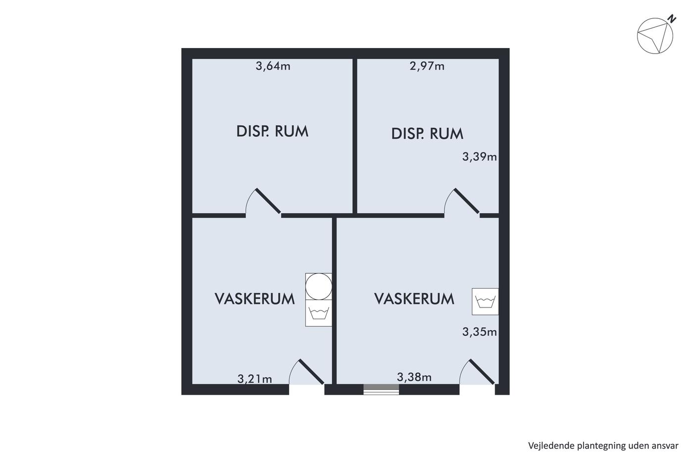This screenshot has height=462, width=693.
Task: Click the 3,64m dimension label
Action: pos(273,66)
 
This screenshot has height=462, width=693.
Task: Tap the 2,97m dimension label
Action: pos(427,66)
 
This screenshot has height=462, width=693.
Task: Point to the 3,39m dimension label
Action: pos(480,156)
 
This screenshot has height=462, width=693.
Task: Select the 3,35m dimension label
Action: pos(480,332)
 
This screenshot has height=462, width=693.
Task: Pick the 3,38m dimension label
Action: pos(414,377)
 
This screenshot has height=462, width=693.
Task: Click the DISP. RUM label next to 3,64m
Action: pos(272,131)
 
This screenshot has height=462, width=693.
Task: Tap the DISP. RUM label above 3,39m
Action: pos(427,134)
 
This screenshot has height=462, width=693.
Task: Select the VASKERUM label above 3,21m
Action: pos(254,299)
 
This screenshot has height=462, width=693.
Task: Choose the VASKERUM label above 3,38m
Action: pos(414,299)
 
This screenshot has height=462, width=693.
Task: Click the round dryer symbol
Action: pos(319,287)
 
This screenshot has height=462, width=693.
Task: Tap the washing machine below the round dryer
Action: pos(319,313)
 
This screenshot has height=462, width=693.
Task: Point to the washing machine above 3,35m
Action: pos(485,302)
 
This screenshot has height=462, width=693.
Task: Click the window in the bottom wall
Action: pos(381,390)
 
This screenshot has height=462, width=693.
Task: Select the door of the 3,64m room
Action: pos(263,201)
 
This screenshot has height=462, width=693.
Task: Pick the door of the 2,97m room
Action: pos(461,201)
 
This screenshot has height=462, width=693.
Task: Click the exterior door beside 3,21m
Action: pos(306,372)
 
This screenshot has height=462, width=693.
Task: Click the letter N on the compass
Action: pos(672,19)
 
